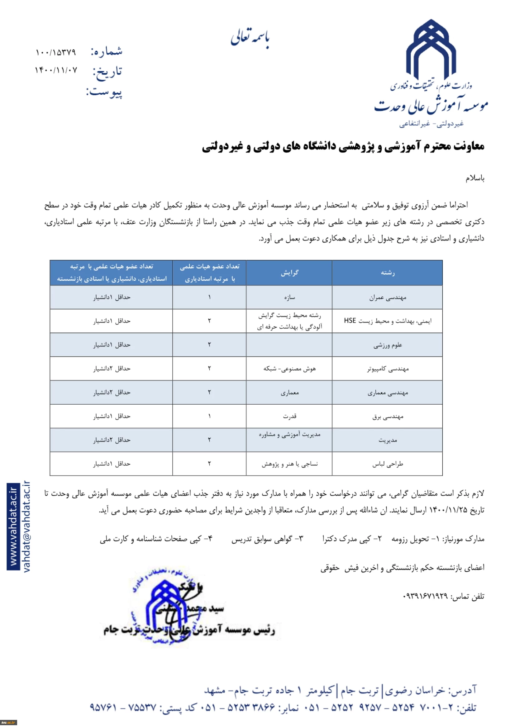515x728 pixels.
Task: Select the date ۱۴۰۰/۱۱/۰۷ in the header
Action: pos(56,70)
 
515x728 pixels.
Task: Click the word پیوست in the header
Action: pos(104,92)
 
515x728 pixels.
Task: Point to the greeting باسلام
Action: pos(475,178)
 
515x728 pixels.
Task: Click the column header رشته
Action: pos(388,273)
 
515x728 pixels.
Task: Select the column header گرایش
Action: pos(289,273)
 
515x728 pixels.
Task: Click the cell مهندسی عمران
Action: pos(388,297)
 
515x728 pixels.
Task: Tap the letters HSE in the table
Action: pos(350,321)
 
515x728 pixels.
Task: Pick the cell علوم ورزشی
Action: pos(388,345)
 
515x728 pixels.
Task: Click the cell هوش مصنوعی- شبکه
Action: pos(289,369)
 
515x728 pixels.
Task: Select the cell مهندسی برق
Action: pos(388,416)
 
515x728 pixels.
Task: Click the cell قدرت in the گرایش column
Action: pos(289,416)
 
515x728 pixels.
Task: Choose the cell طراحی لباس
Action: pos(388,464)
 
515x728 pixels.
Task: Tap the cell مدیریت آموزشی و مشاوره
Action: pos(289,434)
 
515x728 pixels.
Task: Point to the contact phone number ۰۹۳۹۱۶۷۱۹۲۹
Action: pos(425,597)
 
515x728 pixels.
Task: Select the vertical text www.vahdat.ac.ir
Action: pos(13,526)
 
